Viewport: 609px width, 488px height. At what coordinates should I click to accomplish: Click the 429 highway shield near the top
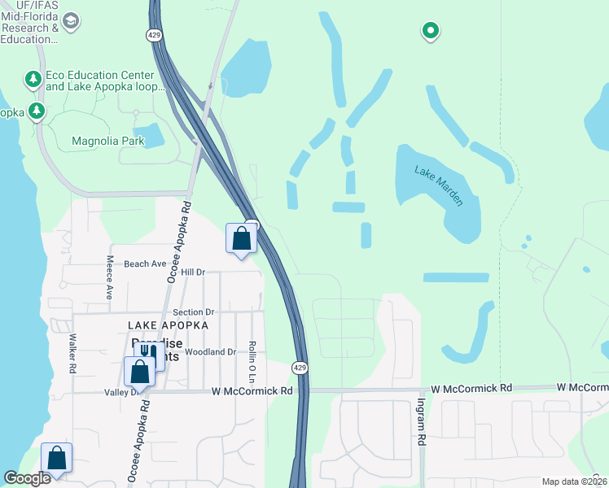[154, 35]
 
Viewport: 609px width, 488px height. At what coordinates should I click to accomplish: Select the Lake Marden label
[439, 185]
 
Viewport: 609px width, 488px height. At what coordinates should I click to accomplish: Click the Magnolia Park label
[108, 141]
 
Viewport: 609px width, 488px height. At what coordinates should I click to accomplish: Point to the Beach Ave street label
[145, 264]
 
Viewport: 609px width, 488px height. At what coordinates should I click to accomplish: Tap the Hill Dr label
[193, 272]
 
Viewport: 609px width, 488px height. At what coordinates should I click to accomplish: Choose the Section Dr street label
[193, 312]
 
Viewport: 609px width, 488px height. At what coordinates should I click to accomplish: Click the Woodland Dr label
[210, 352]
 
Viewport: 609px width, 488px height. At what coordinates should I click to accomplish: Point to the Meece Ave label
[109, 277]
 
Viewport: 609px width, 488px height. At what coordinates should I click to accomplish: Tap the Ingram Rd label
[421, 420]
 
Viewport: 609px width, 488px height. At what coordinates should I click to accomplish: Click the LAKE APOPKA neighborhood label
[169, 325]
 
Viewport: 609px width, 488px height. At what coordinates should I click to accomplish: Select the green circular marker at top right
[430, 31]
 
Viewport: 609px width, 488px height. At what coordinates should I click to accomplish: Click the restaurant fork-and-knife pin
[148, 354]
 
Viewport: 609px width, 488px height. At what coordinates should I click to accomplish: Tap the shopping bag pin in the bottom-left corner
[57, 459]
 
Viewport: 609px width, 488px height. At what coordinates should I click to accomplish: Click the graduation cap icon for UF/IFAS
[71, 20]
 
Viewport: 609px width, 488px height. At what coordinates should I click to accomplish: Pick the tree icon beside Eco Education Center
[33, 79]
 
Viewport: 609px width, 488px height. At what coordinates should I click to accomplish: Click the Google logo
[27, 478]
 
